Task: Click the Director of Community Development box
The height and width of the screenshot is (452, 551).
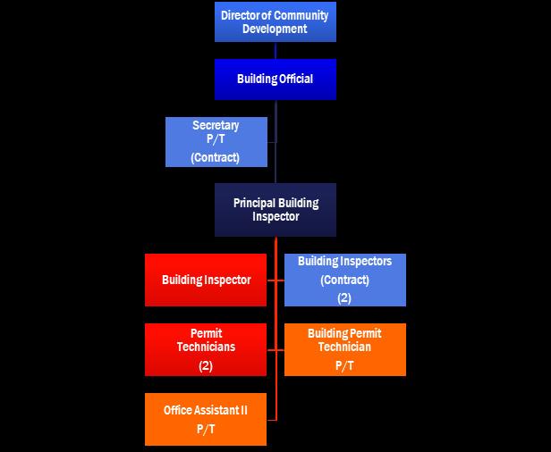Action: pos(275,22)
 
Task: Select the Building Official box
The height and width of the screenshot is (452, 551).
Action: pos(275,80)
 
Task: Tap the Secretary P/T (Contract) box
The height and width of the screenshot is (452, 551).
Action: pos(216,141)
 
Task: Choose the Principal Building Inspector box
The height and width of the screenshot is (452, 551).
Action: pos(275,210)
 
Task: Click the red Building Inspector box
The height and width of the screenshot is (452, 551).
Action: pos(206,280)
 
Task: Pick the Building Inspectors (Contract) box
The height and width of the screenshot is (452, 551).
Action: pos(344,280)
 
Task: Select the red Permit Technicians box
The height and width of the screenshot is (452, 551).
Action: pos(206,349)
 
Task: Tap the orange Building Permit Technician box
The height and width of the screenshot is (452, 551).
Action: pos(344,349)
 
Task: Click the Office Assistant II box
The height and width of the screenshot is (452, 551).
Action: pos(206,419)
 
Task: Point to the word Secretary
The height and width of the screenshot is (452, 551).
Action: pos(216,126)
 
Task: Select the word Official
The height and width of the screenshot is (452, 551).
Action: pos(294,80)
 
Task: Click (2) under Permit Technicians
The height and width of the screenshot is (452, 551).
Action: pos(206,365)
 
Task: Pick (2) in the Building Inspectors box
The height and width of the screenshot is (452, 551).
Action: pos(344,297)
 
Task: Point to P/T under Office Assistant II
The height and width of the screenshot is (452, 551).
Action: pos(206,429)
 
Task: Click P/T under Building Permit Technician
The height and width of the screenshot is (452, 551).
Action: pos(344,365)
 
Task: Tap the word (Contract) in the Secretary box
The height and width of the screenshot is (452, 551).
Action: pos(216,157)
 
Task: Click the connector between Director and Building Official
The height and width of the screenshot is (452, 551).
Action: pos(275,50)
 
